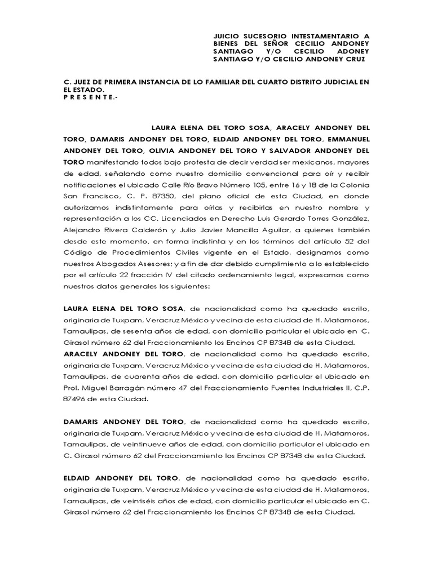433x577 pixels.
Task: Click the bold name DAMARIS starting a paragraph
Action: (x=83, y=421)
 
